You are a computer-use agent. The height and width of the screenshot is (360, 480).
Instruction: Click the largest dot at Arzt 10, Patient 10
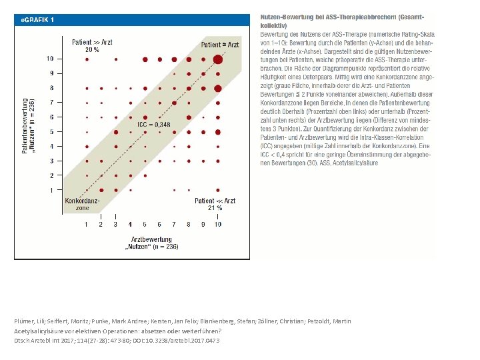[x=217, y=59]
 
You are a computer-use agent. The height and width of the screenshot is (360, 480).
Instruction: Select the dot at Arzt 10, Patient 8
[x=217, y=88]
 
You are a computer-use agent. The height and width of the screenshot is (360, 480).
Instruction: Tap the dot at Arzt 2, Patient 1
[x=101, y=191]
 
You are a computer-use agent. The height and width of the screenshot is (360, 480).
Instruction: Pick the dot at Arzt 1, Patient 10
[x=86, y=59]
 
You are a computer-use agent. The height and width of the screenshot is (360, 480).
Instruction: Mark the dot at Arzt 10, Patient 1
[x=217, y=191]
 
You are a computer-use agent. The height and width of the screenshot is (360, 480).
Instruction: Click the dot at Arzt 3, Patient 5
[x=115, y=132]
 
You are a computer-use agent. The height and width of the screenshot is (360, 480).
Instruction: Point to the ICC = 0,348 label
[x=153, y=124]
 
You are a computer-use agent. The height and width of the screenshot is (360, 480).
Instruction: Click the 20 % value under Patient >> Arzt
[x=92, y=49]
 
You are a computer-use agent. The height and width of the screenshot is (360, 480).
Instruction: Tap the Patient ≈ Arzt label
[x=219, y=45]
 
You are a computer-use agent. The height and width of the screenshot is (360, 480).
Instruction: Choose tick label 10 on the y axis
[x=50, y=59]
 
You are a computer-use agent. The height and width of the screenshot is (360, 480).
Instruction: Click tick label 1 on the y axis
[x=51, y=191]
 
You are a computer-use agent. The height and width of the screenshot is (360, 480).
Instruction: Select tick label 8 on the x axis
[x=189, y=225]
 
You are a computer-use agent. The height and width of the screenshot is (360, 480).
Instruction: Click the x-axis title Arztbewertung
[x=151, y=239]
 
